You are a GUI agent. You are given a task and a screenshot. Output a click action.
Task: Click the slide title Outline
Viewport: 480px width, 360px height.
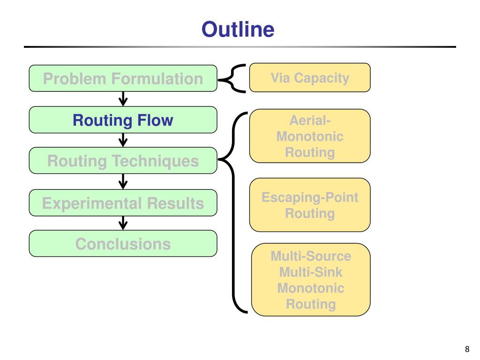coord(238,30)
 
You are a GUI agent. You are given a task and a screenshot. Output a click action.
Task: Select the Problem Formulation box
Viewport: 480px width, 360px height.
coord(123,78)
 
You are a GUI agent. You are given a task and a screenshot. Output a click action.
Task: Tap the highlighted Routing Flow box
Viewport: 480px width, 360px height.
coord(123,120)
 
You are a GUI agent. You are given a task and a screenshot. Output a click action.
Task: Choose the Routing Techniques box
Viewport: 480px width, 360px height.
coord(123,161)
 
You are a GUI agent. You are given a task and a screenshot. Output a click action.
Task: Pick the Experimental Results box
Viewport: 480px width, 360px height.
coord(123,202)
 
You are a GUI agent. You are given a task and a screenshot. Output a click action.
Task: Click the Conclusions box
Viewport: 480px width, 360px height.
coord(123,243)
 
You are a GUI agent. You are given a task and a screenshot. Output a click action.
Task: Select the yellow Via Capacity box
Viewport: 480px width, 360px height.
coord(310,77)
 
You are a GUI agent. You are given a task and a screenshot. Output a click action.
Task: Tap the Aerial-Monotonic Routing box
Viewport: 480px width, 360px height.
coord(310,136)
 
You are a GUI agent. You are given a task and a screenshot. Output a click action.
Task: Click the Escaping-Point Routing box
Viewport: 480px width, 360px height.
coord(310,205)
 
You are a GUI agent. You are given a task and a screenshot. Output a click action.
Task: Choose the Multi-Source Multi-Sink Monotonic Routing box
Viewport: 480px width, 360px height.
coord(311,279)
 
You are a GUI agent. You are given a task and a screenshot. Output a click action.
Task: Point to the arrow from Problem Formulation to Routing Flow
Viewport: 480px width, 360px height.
coord(123,99)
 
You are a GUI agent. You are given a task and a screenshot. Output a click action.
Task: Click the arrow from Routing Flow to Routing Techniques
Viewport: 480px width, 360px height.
coord(123,140)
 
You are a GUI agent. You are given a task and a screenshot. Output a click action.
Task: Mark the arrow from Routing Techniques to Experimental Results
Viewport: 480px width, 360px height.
coord(123,181)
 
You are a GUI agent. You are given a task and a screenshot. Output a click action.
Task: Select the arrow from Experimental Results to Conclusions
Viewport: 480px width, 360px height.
coord(123,223)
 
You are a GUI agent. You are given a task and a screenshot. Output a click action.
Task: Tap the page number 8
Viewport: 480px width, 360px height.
coord(467,349)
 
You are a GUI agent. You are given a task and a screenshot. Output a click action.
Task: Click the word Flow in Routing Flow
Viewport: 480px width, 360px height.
coord(155,120)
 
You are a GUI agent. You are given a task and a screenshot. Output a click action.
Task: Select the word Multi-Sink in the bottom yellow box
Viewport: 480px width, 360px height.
coord(311,272)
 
